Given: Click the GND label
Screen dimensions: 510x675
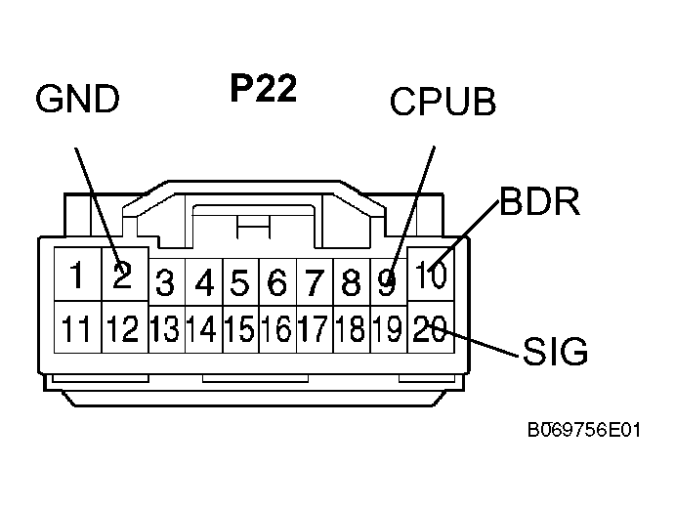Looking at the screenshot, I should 77,99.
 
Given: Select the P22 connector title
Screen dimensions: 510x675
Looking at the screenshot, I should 264,89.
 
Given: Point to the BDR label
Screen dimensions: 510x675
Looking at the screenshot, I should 540,202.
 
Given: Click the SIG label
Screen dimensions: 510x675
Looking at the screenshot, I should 556,351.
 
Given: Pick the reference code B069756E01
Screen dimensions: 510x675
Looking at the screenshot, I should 582,428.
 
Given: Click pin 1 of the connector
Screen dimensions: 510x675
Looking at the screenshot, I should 74,276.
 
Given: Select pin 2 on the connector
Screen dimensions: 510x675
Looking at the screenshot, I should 121,276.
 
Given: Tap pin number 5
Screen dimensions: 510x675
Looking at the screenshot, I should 240,284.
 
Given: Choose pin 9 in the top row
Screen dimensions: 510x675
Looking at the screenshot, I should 388,284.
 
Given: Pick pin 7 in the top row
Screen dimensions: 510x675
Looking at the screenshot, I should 314,284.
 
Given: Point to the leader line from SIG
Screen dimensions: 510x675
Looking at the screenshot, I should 479,342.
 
